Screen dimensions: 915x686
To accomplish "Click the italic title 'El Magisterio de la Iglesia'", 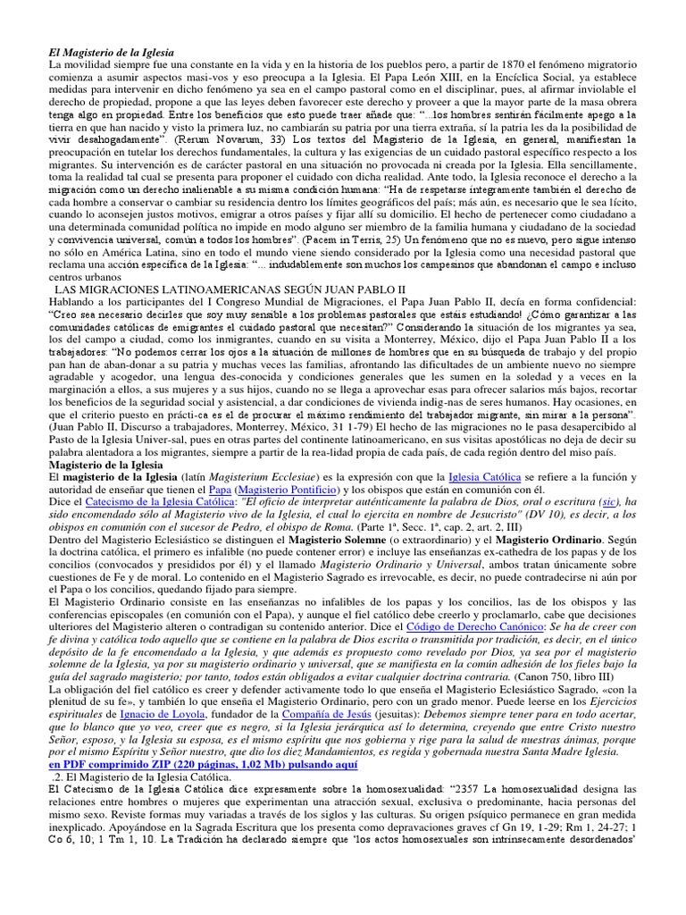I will pyautogui.click(x=112, y=54).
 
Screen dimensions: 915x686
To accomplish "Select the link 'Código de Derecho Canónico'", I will pyautogui.click(x=485, y=627).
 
